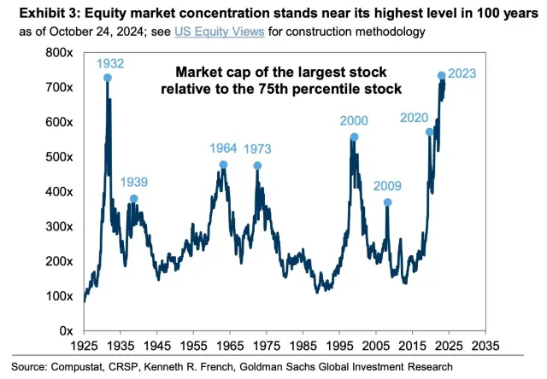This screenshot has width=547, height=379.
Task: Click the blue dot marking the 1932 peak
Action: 108,78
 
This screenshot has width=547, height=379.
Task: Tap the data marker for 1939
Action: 133,199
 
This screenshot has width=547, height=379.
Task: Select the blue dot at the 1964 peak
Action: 224,165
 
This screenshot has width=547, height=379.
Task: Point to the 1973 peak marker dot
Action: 257,166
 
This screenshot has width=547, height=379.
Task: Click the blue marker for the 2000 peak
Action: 354,137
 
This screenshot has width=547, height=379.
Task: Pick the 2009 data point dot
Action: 387,202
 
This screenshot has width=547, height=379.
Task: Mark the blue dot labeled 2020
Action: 430,132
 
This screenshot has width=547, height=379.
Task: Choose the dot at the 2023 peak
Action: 442,76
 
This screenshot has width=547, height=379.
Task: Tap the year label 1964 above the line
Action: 223,149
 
